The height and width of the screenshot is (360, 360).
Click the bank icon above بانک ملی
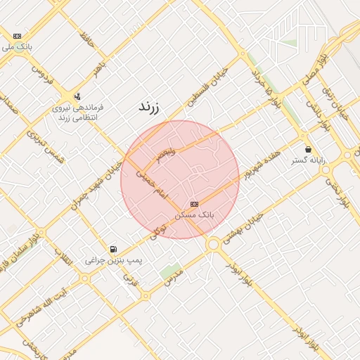click(x=17, y=36)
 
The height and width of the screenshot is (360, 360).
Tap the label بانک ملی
click(x=17, y=47)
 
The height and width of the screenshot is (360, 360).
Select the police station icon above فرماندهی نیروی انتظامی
click(x=77, y=96)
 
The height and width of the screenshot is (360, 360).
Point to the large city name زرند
click(x=148, y=108)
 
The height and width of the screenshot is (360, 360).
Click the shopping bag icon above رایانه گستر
click(x=309, y=149)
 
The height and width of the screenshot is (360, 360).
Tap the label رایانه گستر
click(x=309, y=160)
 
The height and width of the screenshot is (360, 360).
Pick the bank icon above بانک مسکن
click(x=194, y=203)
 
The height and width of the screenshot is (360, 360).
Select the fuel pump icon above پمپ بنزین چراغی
click(x=113, y=249)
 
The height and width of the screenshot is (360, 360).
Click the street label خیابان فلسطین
click(x=203, y=91)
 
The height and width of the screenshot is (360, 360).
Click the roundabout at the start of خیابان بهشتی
click(x=212, y=244)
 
